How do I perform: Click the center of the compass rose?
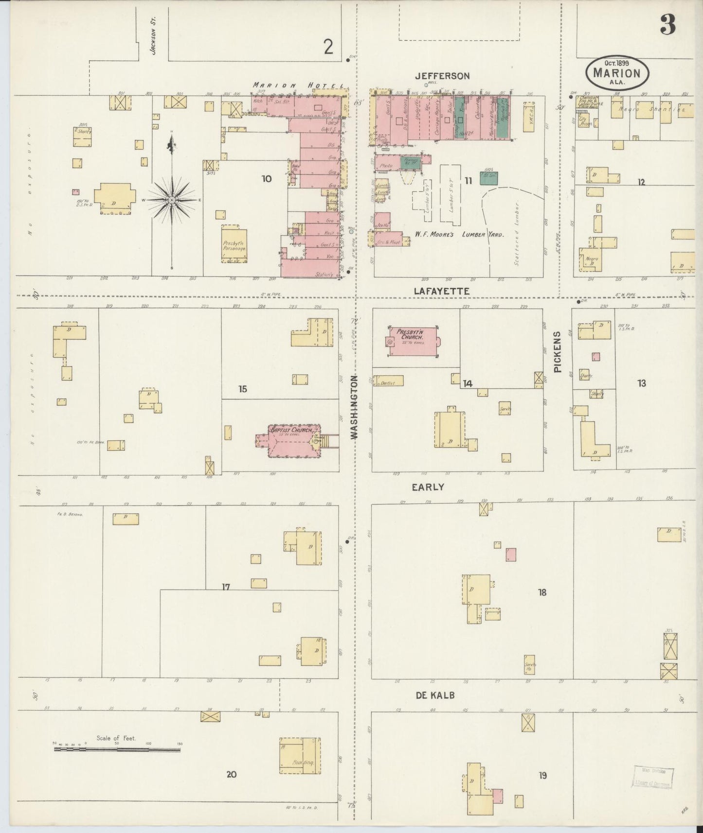click(172, 200)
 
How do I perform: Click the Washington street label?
click(354, 407)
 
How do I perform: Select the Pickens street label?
click(558, 351)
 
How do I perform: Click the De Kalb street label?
click(435, 695)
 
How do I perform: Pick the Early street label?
click(428, 487)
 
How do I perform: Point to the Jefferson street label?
click(442, 76)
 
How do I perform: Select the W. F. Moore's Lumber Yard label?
click(459, 234)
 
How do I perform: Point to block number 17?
click(226, 587)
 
